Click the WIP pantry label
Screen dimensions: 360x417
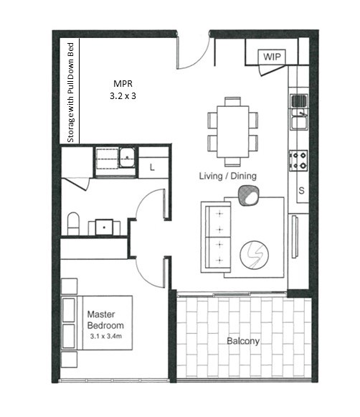click(272, 57)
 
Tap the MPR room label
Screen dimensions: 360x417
click(123, 83)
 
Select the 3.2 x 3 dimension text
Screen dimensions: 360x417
click(123, 95)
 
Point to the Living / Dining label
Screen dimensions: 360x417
click(228, 176)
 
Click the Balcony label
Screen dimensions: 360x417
click(243, 341)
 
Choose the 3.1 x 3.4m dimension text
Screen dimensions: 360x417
click(105, 336)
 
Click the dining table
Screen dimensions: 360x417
click(233, 131)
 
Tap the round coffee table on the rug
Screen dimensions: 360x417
click(255, 255)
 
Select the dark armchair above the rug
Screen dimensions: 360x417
click(248, 196)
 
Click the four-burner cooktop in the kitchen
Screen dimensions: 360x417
click(298, 160)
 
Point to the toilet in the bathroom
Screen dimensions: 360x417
click(73, 223)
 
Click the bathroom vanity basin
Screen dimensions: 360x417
click(104, 227)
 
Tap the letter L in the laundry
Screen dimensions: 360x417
click(152, 167)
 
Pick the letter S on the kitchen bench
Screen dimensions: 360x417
click(301, 190)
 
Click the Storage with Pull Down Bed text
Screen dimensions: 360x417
click(70, 93)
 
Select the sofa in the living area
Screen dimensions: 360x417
click(216, 238)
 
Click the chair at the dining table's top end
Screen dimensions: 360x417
click(233, 102)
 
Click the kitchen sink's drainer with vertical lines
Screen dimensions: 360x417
click(299, 100)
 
